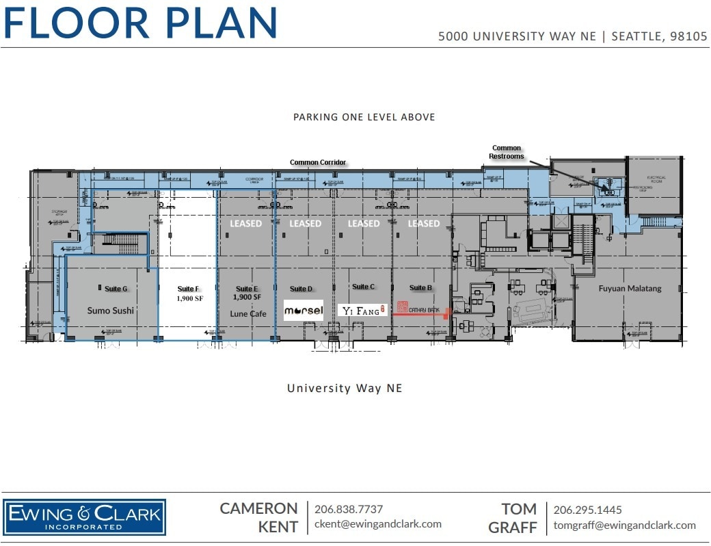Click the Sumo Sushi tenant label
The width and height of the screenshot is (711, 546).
point(111,311)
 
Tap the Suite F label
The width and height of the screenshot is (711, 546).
point(187,289)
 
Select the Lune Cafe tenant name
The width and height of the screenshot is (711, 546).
point(248,313)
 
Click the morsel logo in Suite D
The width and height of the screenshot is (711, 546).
point(304,311)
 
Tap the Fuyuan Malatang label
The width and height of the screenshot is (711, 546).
point(630,289)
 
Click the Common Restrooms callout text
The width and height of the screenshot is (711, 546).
point(507,152)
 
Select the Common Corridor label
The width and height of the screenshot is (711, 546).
point(318,163)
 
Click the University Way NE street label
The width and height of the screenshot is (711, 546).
point(345,389)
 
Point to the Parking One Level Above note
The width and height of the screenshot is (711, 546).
point(364,117)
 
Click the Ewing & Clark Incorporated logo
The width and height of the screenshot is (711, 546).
point(85,517)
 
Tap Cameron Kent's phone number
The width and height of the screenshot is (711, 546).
point(348,509)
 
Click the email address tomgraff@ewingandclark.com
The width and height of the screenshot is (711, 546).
point(624,525)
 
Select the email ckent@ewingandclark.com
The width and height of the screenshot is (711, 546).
point(377,524)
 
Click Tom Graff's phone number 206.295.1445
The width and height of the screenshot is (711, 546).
point(587,510)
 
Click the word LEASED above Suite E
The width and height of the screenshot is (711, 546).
point(246,224)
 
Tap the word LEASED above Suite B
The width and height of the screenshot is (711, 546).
point(424,224)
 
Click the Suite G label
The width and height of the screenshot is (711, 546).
point(116,289)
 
